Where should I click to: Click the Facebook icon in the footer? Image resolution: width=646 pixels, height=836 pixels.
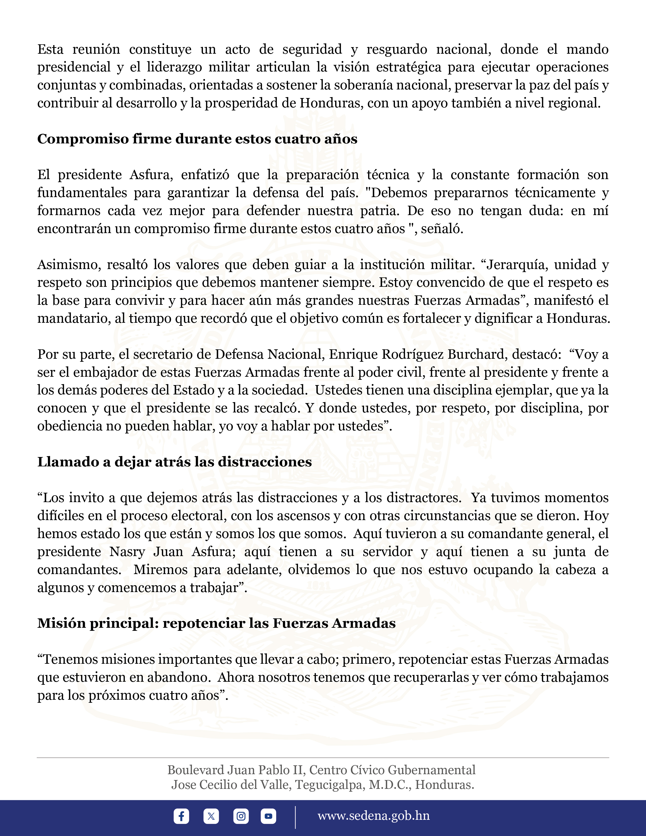coord(181,816)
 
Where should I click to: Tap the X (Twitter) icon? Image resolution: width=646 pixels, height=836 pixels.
coord(211,816)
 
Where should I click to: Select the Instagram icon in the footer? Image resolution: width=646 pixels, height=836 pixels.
coord(241,816)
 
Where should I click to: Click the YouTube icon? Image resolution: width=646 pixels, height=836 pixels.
coord(268,816)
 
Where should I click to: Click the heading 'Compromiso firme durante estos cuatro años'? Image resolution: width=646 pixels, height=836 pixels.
coord(197,139)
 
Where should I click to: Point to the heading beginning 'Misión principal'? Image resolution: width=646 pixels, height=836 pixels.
coord(216,623)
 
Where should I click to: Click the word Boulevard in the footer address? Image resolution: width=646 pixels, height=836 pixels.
coord(196,770)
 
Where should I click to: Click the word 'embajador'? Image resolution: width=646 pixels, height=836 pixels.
coord(103,372)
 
